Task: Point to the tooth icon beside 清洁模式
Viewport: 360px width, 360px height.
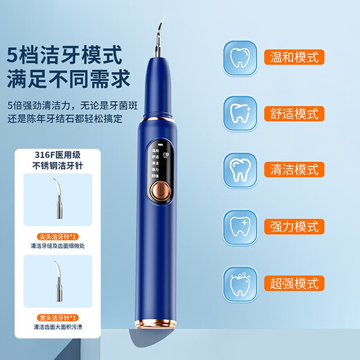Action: click(x=240, y=168)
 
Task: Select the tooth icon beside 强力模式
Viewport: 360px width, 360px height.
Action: click(x=240, y=226)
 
